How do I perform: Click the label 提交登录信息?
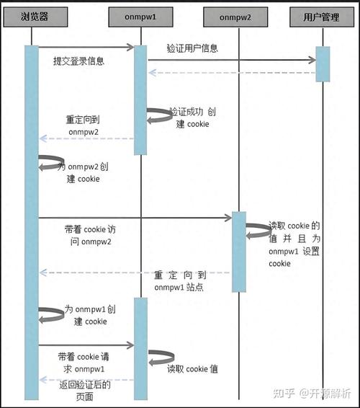click(x=79, y=61)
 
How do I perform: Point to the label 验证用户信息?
click(x=192, y=49)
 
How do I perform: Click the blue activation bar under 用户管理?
click(x=323, y=63)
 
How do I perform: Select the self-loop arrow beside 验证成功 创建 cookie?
click(x=159, y=115)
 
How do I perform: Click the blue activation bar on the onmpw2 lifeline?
click(x=238, y=251)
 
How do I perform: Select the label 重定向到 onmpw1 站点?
click(x=181, y=281)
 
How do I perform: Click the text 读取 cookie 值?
click(x=193, y=370)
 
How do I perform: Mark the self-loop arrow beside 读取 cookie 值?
click(x=161, y=356)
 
